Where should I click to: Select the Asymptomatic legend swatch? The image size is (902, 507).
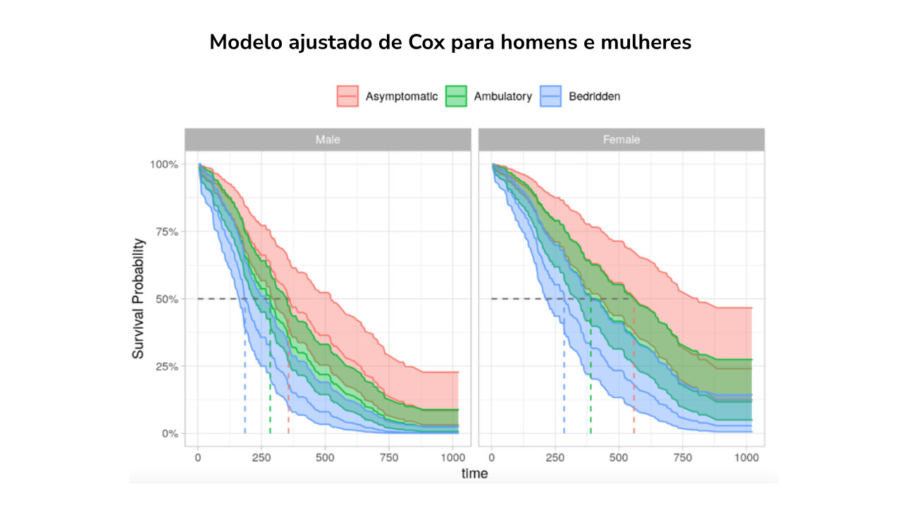pyautogui.click(x=348, y=96)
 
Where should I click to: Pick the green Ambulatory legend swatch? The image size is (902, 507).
pyautogui.click(x=457, y=96)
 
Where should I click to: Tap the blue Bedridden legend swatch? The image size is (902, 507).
pyautogui.click(x=551, y=96)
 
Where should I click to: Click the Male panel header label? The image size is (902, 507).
pyautogui.click(x=328, y=139)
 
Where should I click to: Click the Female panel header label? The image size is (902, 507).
pyautogui.click(x=622, y=139)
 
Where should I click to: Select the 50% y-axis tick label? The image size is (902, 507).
pyautogui.click(x=166, y=299)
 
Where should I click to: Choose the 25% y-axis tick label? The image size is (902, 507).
pyautogui.click(x=166, y=366)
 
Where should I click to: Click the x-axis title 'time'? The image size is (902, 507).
pyautogui.click(x=474, y=473)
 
